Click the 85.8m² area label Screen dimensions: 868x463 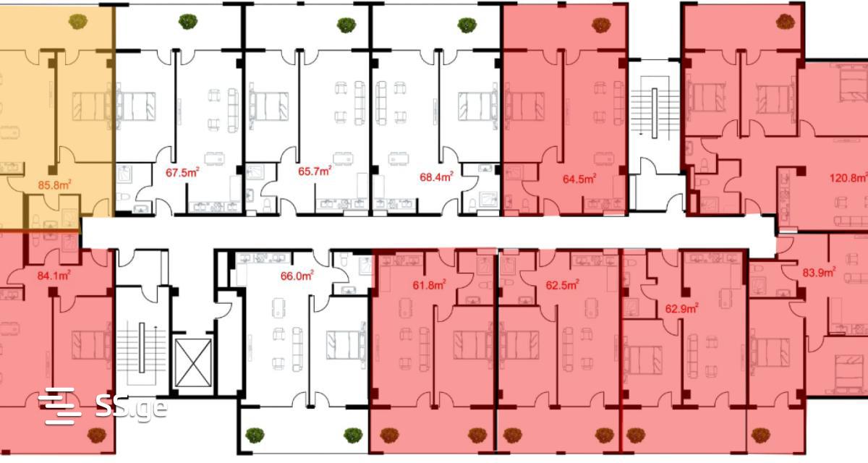click(x=55, y=184)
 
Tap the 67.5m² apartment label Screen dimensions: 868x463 click(x=182, y=172)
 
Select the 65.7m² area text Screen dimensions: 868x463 click(x=315, y=171)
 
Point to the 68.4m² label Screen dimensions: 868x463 click(x=437, y=177)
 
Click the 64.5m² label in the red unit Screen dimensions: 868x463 click(x=579, y=179)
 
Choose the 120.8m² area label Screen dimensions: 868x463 click(x=848, y=178)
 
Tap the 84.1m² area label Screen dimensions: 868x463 click(x=54, y=276)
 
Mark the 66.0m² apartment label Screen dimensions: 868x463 click(x=297, y=276)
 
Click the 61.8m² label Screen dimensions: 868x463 click(x=429, y=285)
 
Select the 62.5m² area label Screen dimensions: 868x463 click(x=562, y=285)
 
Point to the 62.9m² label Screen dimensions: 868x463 click(x=681, y=309)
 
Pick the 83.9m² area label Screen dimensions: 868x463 click(x=819, y=273)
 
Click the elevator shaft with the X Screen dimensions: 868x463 click(x=193, y=363)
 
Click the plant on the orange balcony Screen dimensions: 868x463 click(x=78, y=22)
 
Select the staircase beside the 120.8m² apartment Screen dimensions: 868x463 click(x=655, y=113)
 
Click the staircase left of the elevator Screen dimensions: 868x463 click(x=142, y=352)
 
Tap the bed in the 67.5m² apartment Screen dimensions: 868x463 click(x=136, y=106)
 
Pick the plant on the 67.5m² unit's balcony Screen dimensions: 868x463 click(x=188, y=22)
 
